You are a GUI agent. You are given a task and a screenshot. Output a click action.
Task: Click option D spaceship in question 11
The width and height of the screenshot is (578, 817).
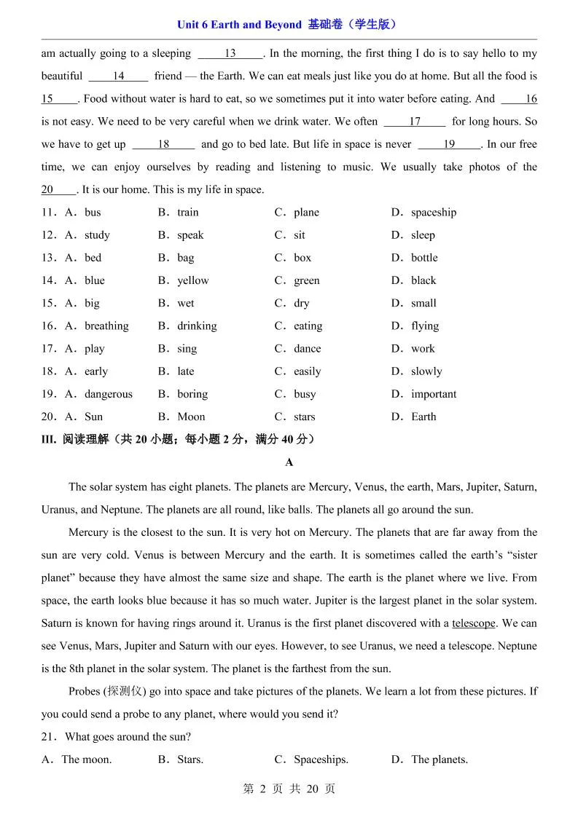[433, 213]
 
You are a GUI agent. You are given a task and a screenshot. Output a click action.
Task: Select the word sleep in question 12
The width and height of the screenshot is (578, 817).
[423, 235]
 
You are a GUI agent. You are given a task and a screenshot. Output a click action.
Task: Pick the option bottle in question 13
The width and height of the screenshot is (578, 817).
[424, 258]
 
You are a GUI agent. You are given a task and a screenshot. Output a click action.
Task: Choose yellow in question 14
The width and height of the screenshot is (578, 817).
[192, 280]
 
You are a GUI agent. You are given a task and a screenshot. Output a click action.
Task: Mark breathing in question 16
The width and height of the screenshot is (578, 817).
[106, 325]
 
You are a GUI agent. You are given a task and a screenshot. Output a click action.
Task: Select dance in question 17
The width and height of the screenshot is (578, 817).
[307, 349]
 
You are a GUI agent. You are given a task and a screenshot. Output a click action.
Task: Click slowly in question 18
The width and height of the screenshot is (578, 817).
[426, 371]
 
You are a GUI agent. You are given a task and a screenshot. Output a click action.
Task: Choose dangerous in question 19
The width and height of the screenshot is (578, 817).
[109, 394]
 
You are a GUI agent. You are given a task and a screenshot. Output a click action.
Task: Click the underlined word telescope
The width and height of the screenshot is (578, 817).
[474, 623]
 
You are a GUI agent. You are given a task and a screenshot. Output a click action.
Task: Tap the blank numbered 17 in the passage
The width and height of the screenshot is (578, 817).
[414, 122]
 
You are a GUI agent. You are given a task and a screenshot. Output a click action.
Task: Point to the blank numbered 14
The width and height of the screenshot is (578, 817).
[118, 76]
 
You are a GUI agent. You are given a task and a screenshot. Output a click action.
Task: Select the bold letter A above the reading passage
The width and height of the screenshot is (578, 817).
[289, 462]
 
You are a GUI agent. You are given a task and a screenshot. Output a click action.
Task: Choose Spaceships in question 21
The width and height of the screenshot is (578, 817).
[321, 759]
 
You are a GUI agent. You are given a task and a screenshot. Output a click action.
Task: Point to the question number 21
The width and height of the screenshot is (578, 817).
[49, 737]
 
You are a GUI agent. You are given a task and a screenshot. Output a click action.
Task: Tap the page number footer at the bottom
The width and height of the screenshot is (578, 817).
[289, 789]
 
